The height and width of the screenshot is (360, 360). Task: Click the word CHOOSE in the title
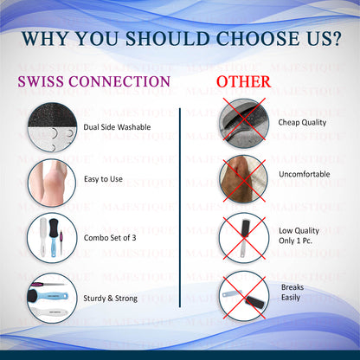(258, 38)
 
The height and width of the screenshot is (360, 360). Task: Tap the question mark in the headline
(335, 38)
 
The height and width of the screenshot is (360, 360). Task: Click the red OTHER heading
(244, 82)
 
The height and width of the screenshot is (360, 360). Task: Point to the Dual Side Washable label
(117, 127)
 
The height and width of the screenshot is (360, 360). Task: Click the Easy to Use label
(103, 179)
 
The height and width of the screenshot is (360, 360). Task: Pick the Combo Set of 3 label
(110, 238)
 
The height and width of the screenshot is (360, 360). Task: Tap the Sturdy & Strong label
(110, 299)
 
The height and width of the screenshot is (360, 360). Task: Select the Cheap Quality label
(302, 123)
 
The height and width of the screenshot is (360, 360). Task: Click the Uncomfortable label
(305, 174)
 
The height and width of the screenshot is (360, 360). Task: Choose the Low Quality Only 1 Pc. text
(299, 235)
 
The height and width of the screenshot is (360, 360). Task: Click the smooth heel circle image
(52, 183)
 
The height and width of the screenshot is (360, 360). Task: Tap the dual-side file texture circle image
(52, 127)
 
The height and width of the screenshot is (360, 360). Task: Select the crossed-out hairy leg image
(243, 179)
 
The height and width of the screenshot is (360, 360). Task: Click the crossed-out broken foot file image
(244, 296)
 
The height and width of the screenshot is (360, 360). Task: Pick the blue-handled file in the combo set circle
(53, 238)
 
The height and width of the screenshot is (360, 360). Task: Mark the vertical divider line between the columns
(180, 208)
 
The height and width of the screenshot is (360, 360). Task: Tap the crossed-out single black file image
(244, 238)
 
